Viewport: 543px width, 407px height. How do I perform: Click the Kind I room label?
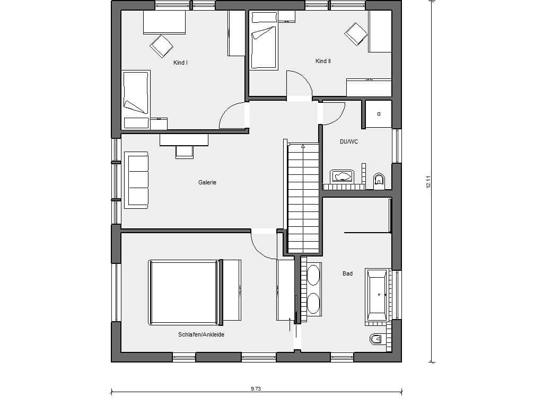point(180,63)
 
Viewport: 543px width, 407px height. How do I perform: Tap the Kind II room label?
point(323,61)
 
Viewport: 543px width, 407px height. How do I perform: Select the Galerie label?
point(207,182)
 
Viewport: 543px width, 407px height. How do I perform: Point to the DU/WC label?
point(349,141)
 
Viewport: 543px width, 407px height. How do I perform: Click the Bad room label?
point(347,273)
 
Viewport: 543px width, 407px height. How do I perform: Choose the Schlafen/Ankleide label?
point(201,334)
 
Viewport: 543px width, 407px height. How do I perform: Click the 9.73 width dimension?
point(256,388)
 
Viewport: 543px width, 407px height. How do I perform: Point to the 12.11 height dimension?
point(428,182)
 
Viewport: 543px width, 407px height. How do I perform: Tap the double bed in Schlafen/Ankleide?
point(195,293)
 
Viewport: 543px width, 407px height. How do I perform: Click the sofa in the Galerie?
point(136,180)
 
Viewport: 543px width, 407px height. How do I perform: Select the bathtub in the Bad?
point(377,295)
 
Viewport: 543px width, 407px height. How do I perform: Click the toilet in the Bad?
point(375,339)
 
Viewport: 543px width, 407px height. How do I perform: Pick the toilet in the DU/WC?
point(379,181)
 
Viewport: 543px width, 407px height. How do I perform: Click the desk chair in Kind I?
point(161,46)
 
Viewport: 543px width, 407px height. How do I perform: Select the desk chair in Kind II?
point(356,34)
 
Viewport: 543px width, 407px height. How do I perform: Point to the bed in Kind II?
point(264,40)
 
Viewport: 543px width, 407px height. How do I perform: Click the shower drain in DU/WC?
point(379,113)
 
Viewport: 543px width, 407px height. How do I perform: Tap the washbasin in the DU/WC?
point(342,176)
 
